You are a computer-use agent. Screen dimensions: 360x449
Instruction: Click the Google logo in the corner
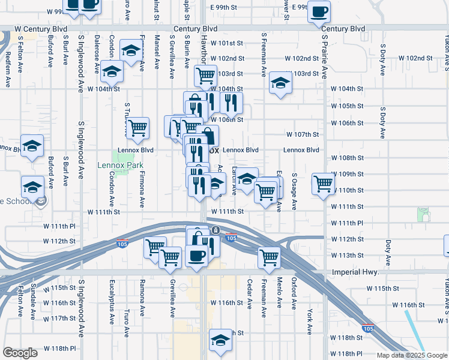click(x=20, y=353)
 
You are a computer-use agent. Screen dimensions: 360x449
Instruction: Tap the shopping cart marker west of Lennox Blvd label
click(x=138, y=128)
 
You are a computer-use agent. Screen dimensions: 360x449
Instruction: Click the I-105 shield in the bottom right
click(x=367, y=328)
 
